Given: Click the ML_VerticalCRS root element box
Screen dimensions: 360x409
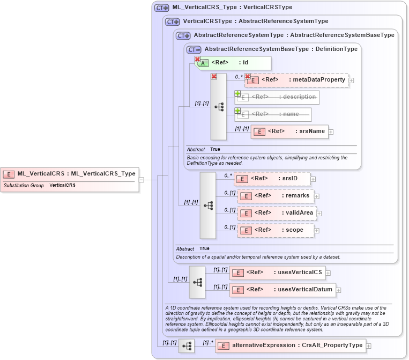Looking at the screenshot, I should click(x=70, y=174).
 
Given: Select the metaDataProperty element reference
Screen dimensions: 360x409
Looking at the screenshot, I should click(x=297, y=80).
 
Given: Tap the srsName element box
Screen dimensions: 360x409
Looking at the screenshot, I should click(x=289, y=131).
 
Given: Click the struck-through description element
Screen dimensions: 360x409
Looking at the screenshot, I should click(x=277, y=97).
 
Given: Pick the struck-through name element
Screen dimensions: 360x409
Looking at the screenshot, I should click(x=273, y=114).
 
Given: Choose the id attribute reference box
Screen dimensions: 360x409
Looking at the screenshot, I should click(x=233, y=63).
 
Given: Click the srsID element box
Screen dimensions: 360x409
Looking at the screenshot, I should click(x=272, y=179).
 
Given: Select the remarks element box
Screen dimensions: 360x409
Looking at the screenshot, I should click(x=275, y=196).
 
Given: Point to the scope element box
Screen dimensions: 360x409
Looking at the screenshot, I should click(x=275, y=231).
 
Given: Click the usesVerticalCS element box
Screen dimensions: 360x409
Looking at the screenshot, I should click(x=277, y=273).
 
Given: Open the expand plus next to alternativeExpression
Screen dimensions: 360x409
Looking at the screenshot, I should click(x=368, y=346).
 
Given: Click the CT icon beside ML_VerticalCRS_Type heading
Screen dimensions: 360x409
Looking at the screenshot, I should click(x=161, y=8).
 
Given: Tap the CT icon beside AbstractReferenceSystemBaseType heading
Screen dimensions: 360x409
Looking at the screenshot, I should click(x=194, y=49).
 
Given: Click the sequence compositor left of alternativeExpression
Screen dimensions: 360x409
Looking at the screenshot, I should click(x=187, y=346).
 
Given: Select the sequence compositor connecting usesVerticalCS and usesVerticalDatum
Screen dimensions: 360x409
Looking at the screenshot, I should click(x=197, y=282).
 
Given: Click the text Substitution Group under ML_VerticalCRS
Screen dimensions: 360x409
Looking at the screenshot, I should click(x=24, y=185).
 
